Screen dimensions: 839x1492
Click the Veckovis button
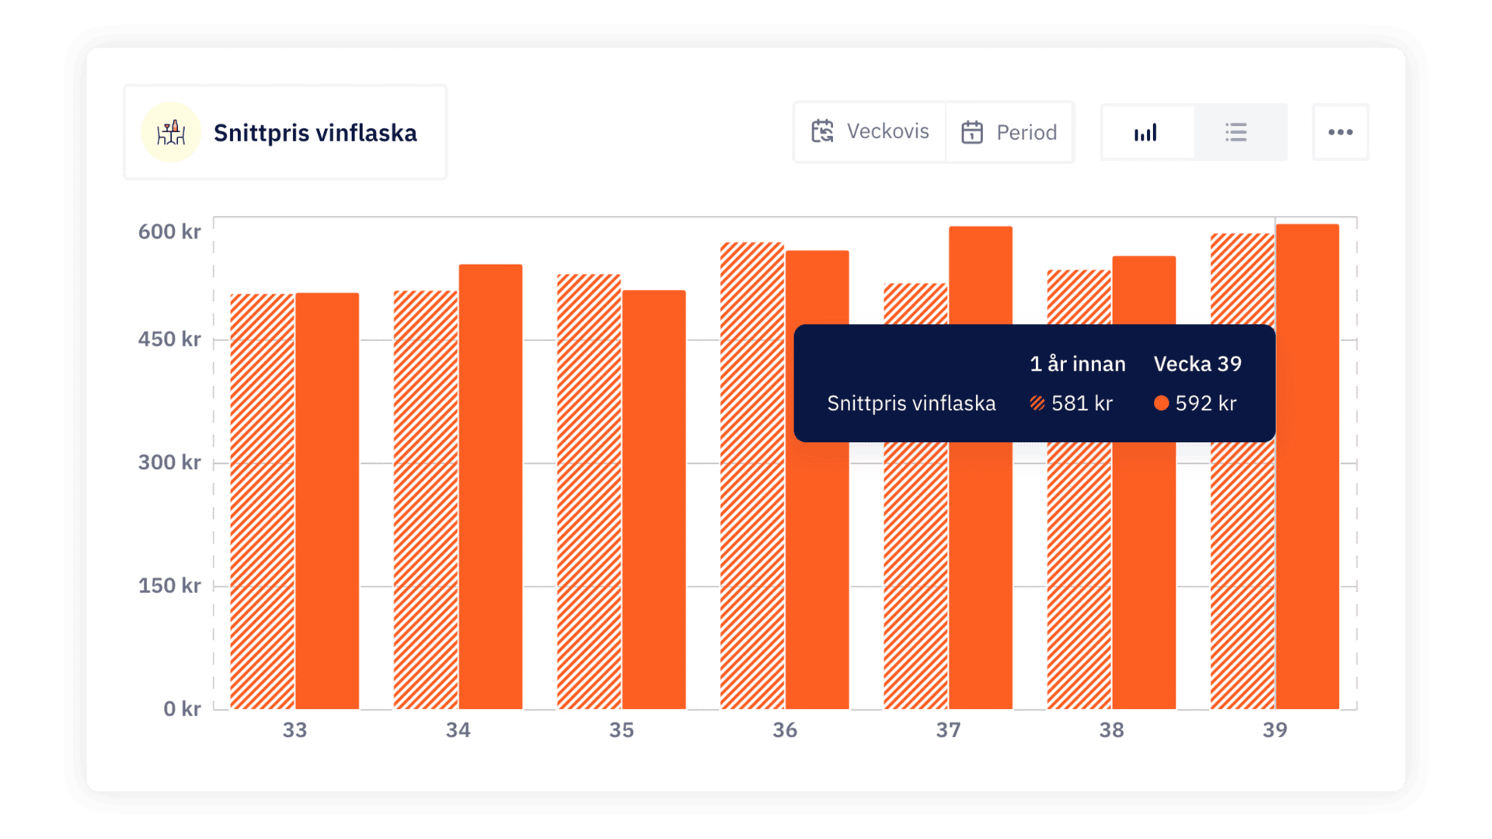tap(870, 132)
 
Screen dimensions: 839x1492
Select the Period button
tap(1009, 132)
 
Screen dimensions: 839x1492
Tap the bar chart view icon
tap(1146, 133)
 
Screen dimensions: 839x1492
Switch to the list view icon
tap(1236, 133)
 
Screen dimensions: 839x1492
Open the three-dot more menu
tap(1340, 133)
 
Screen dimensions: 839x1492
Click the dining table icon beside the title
tap(171, 133)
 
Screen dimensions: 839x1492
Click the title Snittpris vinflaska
tap(315, 134)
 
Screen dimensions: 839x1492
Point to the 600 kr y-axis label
tap(169, 232)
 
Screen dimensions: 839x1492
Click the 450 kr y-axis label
tap(169, 339)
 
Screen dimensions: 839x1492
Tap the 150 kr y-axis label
tap(169, 586)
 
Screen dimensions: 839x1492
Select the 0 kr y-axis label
tap(182, 708)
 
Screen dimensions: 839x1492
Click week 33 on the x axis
tap(295, 730)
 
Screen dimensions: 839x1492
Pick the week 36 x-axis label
tap(785, 730)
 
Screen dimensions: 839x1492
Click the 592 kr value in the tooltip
tap(1205, 403)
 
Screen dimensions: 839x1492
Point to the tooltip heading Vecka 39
tap(1197, 364)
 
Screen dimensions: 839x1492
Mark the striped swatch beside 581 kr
tap(1037, 403)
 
